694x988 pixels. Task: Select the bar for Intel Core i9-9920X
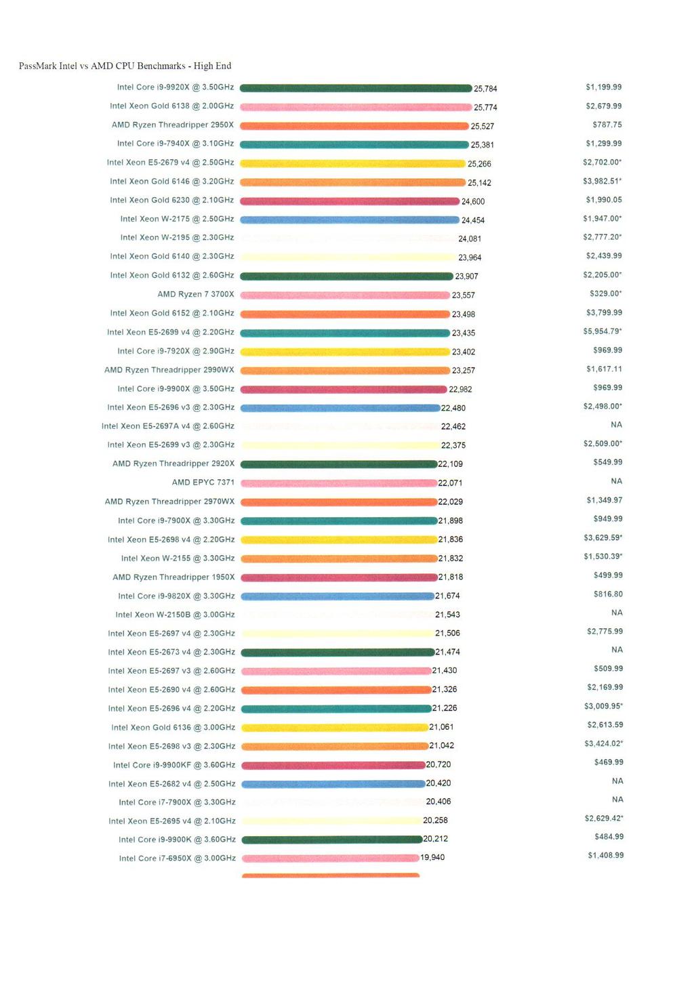tap(356, 88)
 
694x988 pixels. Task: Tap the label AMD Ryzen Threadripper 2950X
tap(173, 125)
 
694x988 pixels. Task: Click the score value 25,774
tap(485, 107)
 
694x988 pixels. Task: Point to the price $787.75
tap(607, 125)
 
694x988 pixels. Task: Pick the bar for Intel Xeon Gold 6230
tap(350, 201)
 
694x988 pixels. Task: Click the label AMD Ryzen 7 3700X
tap(196, 294)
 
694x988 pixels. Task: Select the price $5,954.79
tap(603, 331)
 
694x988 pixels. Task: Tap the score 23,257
tap(464, 371)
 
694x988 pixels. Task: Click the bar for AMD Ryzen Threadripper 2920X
tap(339, 464)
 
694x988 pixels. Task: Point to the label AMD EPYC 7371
tap(203, 482)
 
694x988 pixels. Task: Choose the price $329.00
tap(606, 293)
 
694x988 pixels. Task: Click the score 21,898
tap(451, 521)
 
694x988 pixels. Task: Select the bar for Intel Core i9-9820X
tap(338, 596)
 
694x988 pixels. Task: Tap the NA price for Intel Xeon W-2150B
tap(617, 613)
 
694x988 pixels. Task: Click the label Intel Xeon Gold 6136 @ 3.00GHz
tap(173, 727)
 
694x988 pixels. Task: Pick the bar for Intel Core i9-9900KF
tap(333, 765)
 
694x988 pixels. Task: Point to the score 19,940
tap(432, 857)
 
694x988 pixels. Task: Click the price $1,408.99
tap(606, 855)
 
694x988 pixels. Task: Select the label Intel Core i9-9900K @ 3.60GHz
tap(177, 840)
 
